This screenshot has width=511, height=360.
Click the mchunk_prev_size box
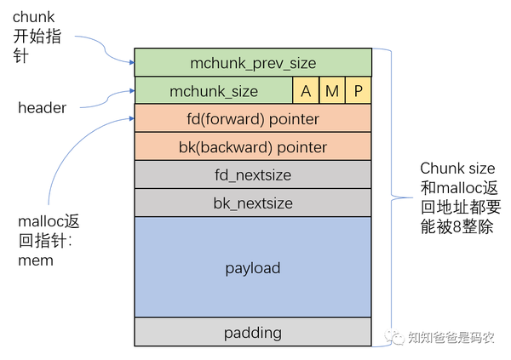(253, 62)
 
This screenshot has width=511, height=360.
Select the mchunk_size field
(213, 90)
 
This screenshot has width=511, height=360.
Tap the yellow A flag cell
(306, 90)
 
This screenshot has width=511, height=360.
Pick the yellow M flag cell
(332, 90)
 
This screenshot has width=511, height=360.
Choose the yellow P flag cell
(359, 90)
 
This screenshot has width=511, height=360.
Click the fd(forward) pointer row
(253, 118)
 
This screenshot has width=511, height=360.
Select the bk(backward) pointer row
(253, 146)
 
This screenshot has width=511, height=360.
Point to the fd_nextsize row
(253, 174)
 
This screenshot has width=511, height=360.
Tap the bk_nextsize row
(253, 203)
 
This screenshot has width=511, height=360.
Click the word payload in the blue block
(253, 268)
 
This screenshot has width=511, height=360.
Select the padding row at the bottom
(253, 332)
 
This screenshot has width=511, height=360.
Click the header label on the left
(42, 107)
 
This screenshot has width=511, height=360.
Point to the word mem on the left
(36, 260)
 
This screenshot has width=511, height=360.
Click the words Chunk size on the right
(456, 168)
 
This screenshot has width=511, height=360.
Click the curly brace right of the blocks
(385, 196)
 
